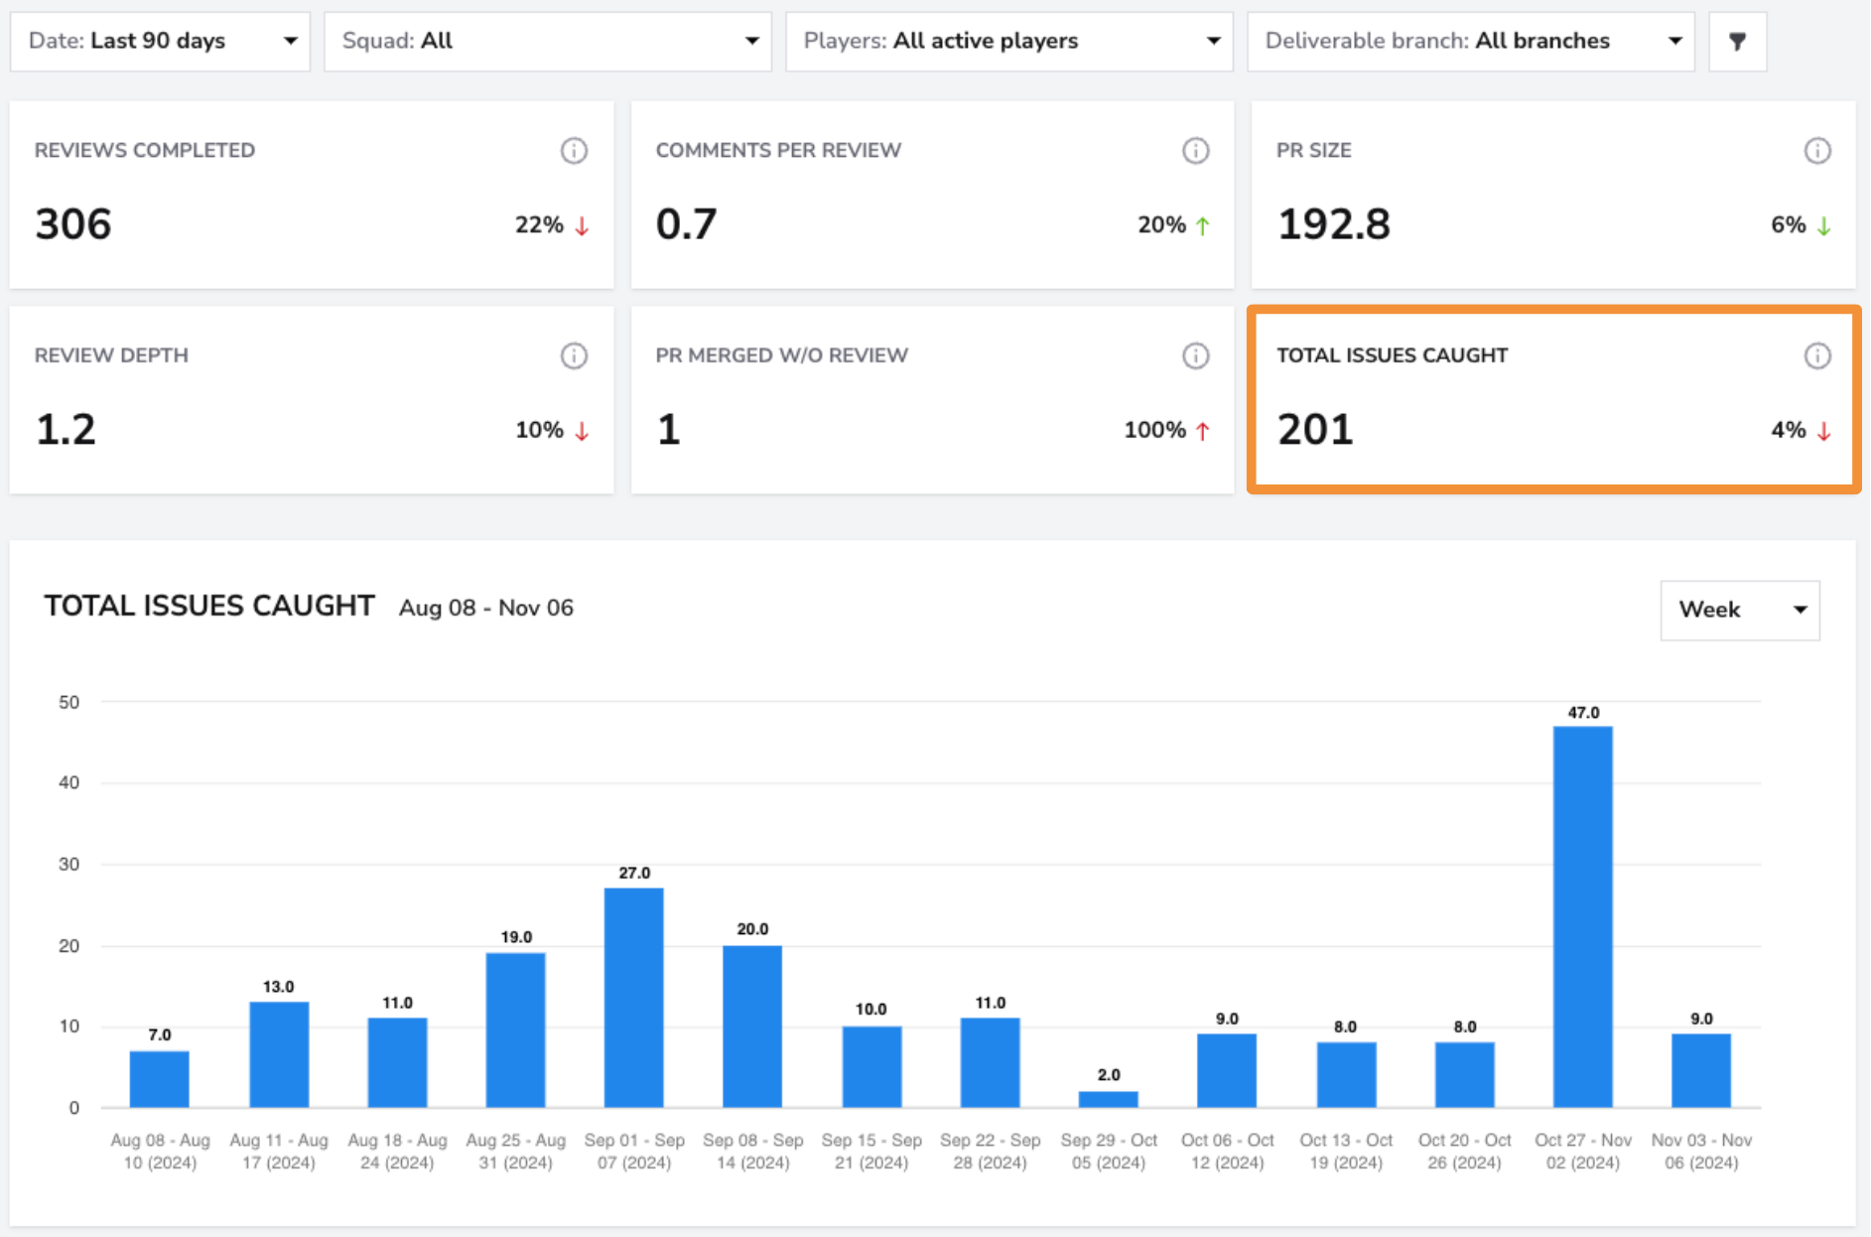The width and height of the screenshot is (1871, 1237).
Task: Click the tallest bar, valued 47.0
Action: pyautogui.click(x=1582, y=916)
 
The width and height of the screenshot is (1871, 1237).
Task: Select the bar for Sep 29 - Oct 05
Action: pyautogui.click(x=1108, y=1099)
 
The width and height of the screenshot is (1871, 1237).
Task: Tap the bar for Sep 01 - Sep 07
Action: pyautogui.click(x=633, y=998)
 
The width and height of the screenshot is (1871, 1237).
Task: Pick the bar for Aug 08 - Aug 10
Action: pyautogui.click(x=159, y=1079)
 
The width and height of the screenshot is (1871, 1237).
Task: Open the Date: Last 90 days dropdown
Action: pyautogui.click(x=160, y=41)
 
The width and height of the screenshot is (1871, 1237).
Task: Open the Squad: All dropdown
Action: pyautogui.click(x=548, y=41)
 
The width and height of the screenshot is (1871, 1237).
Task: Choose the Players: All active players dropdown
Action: pyautogui.click(x=1008, y=41)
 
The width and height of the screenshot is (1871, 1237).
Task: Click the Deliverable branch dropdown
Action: pyautogui.click(x=1470, y=41)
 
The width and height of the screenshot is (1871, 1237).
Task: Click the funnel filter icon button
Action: pyautogui.click(x=1737, y=41)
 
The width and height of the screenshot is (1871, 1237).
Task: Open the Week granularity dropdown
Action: pyautogui.click(x=1740, y=610)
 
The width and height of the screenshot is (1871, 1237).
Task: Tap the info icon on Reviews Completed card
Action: pyautogui.click(x=574, y=151)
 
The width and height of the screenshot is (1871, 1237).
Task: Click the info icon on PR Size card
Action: pyautogui.click(x=1817, y=151)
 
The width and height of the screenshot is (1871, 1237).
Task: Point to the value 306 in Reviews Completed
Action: pyautogui.click(x=73, y=224)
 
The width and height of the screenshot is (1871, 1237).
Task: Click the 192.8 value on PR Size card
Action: pyautogui.click(x=1334, y=224)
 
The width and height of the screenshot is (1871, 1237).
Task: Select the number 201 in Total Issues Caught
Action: pyautogui.click(x=1315, y=430)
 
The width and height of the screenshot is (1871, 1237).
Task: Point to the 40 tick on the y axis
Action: pyautogui.click(x=68, y=782)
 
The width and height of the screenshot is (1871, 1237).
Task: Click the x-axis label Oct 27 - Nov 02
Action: pyautogui.click(x=1582, y=1152)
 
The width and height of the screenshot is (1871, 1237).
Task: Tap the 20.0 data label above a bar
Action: pyautogui.click(x=752, y=929)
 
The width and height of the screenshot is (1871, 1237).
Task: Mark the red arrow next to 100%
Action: pyautogui.click(x=1203, y=431)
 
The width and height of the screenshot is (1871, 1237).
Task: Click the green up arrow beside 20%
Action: pyautogui.click(x=1203, y=225)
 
